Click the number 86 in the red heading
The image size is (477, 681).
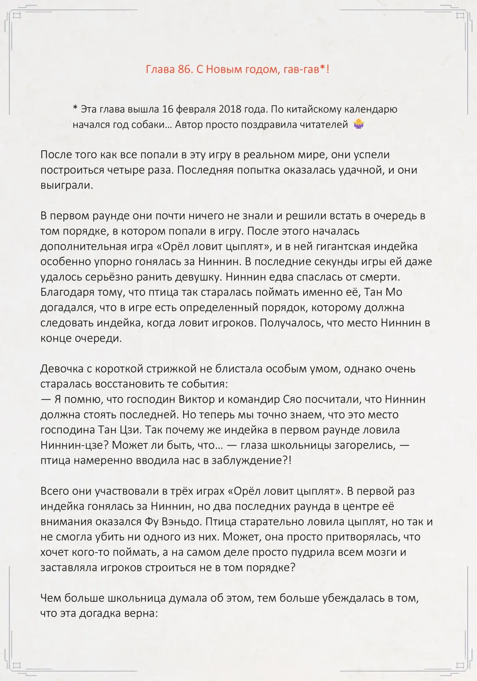(x=185, y=69)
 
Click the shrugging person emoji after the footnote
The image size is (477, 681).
(x=358, y=124)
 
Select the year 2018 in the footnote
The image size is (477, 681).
(x=230, y=109)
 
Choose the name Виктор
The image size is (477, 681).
(x=197, y=399)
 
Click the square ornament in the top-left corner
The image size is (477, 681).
(x=17, y=16)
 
